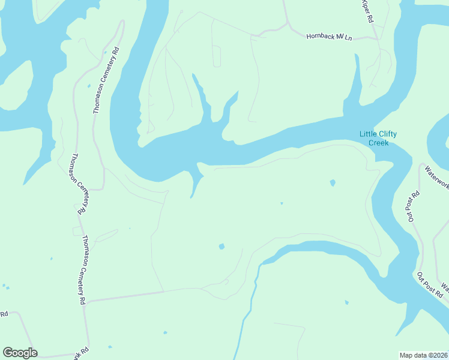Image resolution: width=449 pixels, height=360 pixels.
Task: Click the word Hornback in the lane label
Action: pyautogui.click(x=320, y=36)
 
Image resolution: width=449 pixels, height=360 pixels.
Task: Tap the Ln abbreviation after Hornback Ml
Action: pyautogui.click(x=348, y=38)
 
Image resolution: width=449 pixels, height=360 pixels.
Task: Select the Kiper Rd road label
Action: pyautogui.click(x=367, y=12)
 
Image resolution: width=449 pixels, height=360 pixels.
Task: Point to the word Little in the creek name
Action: pyautogui.click(x=369, y=134)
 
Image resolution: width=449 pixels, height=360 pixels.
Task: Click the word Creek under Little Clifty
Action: pyautogui.click(x=379, y=143)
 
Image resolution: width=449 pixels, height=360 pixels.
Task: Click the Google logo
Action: pyautogui.click(x=20, y=353)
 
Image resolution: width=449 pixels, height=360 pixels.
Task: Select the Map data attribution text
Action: pyautogui.click(x=424, y=355)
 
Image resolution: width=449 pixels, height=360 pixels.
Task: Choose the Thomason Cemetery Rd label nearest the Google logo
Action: pyautogui.click(x=85, y=269)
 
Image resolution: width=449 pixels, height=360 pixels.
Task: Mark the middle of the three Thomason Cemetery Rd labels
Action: pyautogui.click(x=81, y=184)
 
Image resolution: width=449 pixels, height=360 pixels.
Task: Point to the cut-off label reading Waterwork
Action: pyautogui.click(x=436, y=178)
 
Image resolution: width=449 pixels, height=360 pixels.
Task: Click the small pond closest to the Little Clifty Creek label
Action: pyautogui.click(x=333, y=182)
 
